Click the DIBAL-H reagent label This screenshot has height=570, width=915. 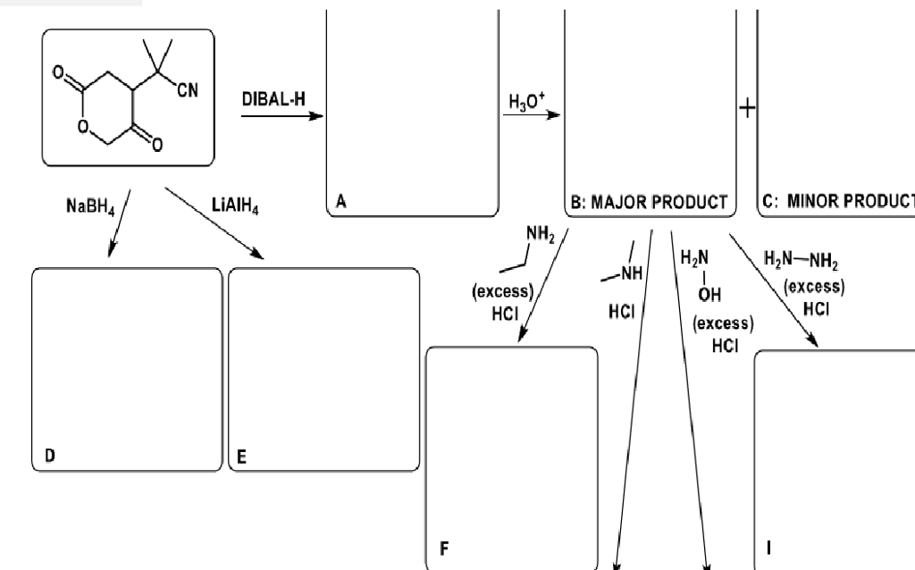point(273,99)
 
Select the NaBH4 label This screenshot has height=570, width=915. point(90,206)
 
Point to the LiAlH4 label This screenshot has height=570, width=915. point(235,205)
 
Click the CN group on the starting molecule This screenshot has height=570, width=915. point(188,90)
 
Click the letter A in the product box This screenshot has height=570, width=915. point(341,201)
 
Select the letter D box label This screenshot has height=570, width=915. point(50,455)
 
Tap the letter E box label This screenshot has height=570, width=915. point(241,457)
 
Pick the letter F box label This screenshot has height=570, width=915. point(444,549)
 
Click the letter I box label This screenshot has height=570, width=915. point(769,548)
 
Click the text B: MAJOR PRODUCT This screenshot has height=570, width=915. point(649,203)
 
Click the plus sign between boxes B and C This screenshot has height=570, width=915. point(747,108)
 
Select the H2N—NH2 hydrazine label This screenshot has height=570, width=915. point(801,259)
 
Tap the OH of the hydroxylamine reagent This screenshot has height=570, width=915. point(709,295)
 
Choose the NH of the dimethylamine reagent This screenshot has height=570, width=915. point(632,273)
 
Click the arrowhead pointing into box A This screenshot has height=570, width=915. point(317,115)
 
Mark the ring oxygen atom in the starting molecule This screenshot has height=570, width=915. point(83,126)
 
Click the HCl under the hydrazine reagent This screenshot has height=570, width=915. point(816,308)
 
